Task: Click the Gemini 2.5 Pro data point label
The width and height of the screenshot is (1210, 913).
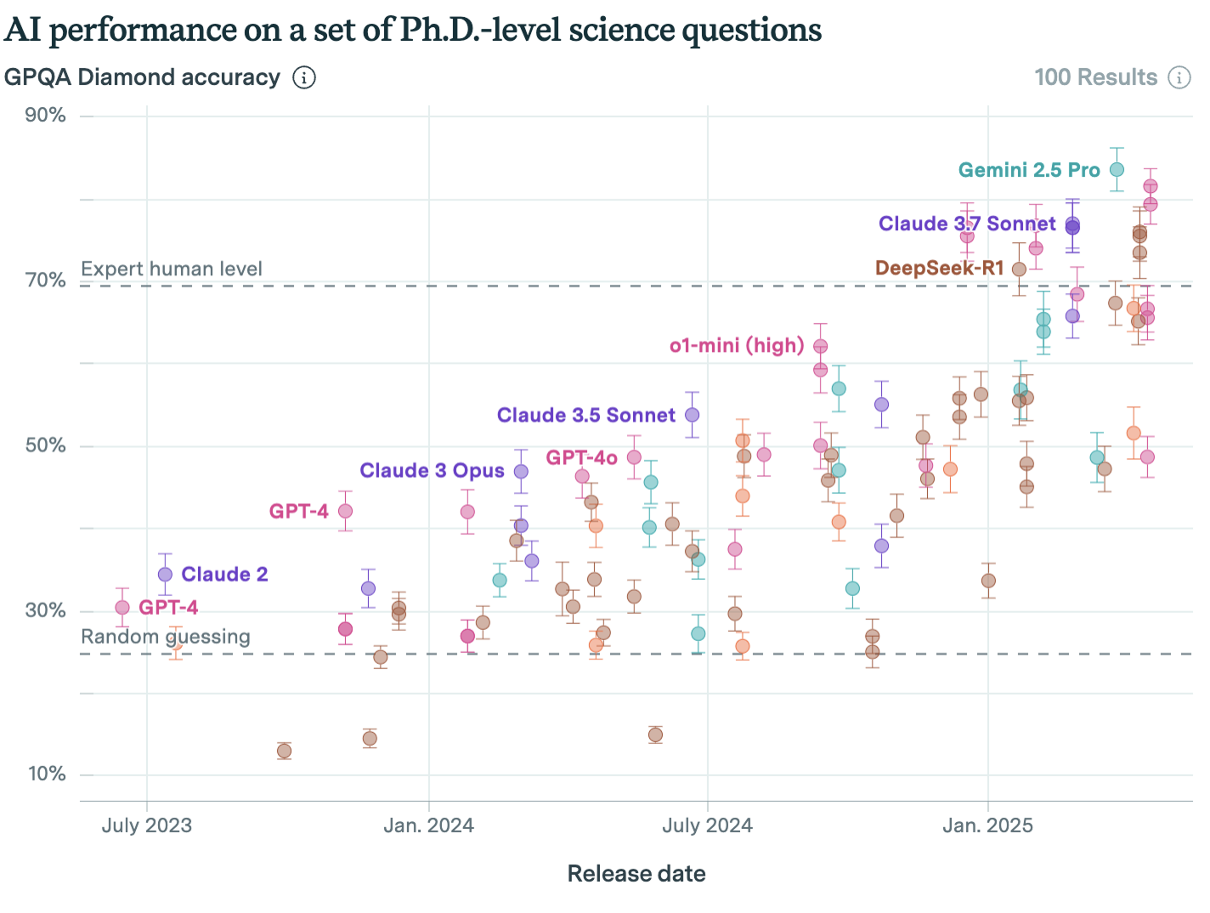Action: [x=1029, y=170]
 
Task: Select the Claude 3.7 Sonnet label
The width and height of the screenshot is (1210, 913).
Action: [x=967, y=224]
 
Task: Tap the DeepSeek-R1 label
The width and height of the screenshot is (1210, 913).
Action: [x=939, y=269]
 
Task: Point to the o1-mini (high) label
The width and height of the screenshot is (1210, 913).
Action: [x=737, y=345]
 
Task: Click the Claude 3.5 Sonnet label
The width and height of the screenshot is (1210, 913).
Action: [x=585, y=415]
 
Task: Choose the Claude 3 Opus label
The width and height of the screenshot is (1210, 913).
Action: [x=432, y=471]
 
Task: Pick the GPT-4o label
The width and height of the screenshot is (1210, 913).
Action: [x=581, y=457]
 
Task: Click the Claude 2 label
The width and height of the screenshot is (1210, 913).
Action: [x=224, y=575]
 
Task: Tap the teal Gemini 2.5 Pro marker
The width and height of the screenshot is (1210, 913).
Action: [x=1117, y=170]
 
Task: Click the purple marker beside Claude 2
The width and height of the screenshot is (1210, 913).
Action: [x=165, y=575]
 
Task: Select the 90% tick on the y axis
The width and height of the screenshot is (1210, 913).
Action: [x=46, y=116]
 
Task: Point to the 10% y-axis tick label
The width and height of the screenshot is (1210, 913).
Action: [x=47, y=774]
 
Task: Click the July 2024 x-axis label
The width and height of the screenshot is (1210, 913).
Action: [x=707, y=825]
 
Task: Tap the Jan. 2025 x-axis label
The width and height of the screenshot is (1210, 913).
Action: [x=987, y=825]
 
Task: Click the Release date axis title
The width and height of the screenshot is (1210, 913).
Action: [x=636, y=874]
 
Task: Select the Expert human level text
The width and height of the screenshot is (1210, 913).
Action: [x=172, y=269]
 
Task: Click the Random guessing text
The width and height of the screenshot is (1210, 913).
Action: [x=166, y=637]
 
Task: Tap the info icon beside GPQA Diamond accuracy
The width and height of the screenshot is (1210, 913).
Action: [x=304, y=77]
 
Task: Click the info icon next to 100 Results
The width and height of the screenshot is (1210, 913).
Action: [x=1179, y=77]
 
